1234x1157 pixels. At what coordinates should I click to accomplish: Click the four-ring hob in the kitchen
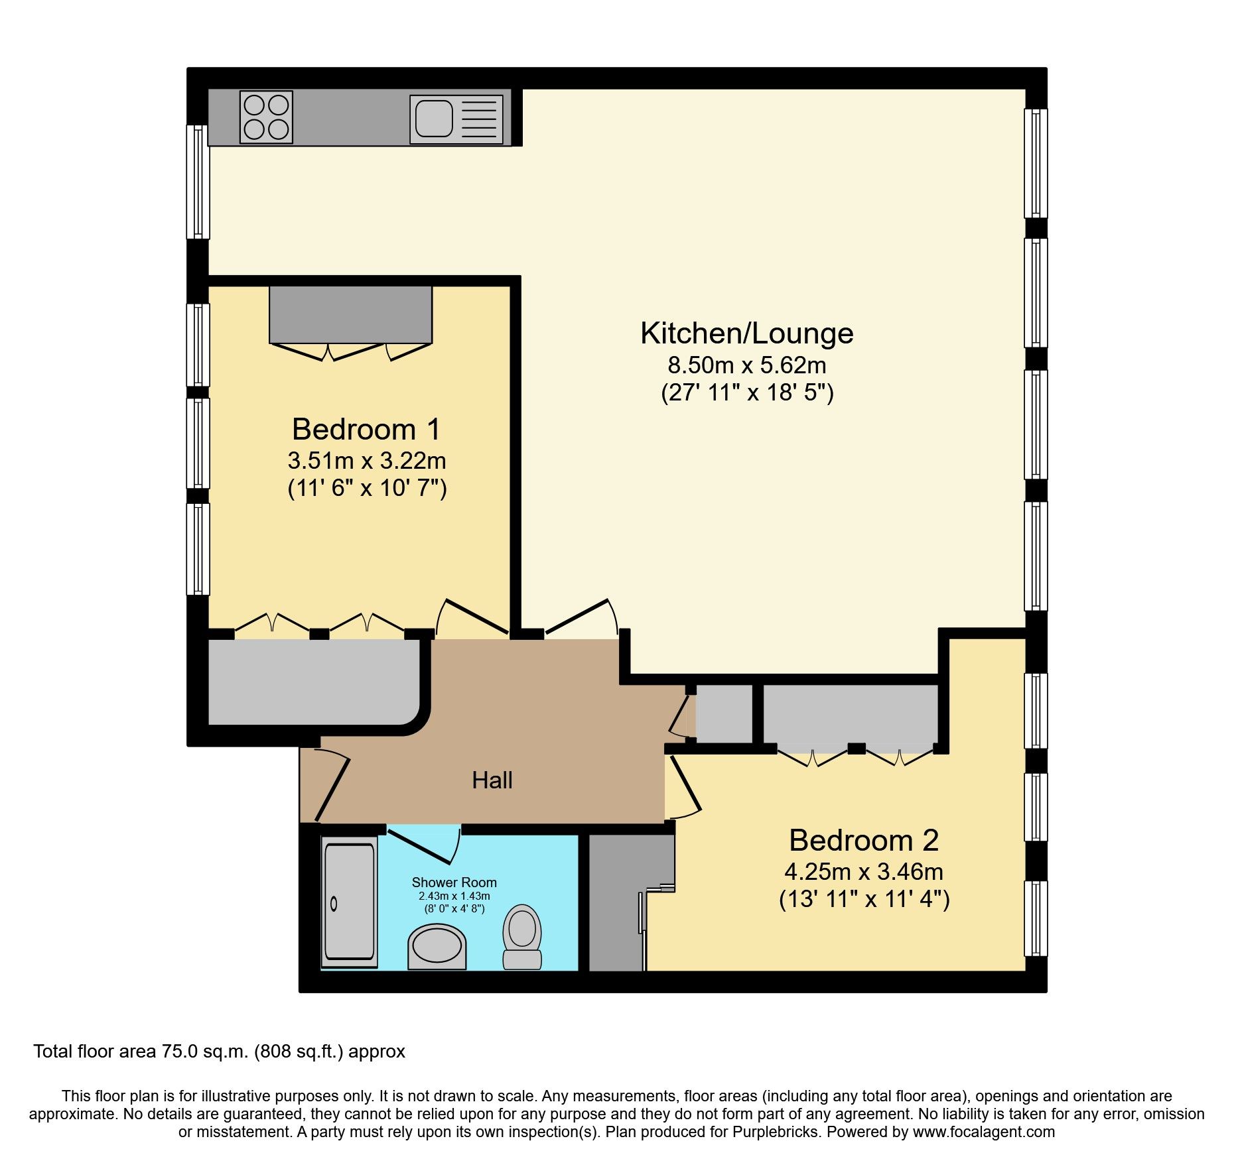267,117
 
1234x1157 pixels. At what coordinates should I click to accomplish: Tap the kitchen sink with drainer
456,119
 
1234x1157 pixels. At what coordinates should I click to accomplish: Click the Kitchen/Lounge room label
746,334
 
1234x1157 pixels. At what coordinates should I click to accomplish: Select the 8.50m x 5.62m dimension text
746,365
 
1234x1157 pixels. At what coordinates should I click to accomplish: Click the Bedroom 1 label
366,430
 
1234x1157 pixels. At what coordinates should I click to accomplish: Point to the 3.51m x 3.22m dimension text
366,460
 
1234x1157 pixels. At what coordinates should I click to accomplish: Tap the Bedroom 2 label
863,841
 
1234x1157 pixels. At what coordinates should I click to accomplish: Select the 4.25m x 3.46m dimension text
863,871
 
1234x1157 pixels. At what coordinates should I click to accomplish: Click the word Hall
492,780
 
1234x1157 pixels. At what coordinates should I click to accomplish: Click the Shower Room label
454,883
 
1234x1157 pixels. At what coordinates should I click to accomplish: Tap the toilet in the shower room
522,937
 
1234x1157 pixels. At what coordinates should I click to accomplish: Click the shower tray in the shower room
349,902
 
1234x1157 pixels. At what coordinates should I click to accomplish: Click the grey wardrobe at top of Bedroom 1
350,314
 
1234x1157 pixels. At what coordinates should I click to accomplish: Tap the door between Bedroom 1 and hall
472,617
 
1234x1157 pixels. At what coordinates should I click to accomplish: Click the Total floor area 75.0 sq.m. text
219,1052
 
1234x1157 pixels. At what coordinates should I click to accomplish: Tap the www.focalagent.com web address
983,1132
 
